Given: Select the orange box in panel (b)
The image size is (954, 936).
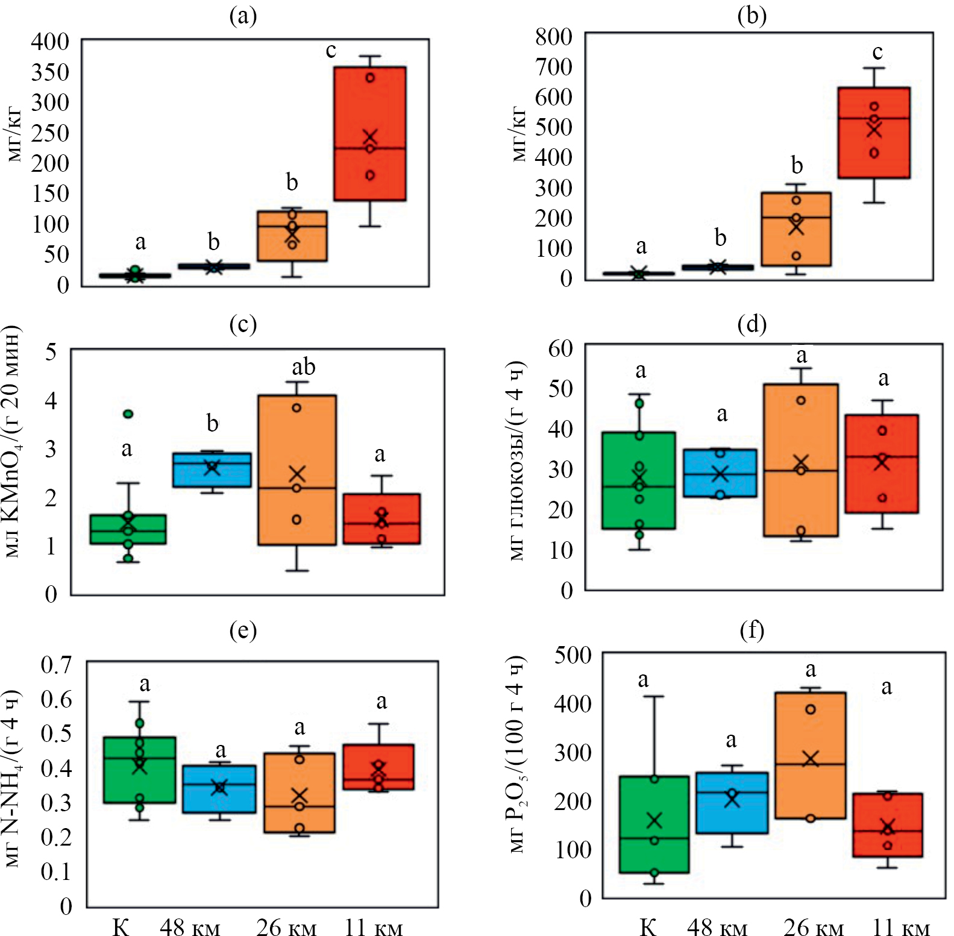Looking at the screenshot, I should click(x=796, y=241).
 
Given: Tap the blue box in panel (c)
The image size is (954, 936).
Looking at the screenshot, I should click(x=212, y=476).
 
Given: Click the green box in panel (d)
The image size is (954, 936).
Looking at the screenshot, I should click(x=638, y=506).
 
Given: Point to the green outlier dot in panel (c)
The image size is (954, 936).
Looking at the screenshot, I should click(x=128, y=413).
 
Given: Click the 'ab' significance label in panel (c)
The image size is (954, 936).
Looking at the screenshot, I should click(x=303, y=367).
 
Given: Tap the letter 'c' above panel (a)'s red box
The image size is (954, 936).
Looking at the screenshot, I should click(x=331, y=51).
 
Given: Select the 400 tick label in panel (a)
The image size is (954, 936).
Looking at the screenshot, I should click(x=50, y=42).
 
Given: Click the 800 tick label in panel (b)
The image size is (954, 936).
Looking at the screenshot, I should click(x=553, y=37).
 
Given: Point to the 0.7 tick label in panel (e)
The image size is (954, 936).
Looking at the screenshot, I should click(x=56, y=665).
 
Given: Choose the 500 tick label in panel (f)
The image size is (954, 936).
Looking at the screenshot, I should click(x=573, y=655).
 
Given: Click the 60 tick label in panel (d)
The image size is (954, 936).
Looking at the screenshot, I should click(x=560, y=348).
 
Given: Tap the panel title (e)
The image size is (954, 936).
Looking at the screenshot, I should click(x=243, y=630).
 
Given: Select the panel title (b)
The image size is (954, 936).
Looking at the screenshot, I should click(x=752, y=16).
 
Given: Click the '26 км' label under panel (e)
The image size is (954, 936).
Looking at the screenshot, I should click(x=286, y=928).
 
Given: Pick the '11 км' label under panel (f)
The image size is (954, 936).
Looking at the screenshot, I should click(x=901, y=928).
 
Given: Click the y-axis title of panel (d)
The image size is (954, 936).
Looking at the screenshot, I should click(x=517, y=461).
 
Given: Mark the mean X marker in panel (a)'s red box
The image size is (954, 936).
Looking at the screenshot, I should click(x=370, y=137).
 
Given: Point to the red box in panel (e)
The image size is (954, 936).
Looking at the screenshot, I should click(x=378, y=767).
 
